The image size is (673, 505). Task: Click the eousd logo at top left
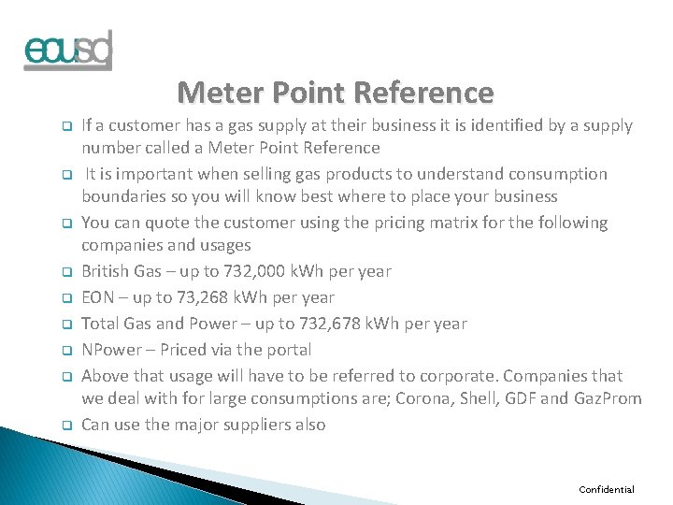pos(67,50)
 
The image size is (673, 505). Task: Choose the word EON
pos(98,297)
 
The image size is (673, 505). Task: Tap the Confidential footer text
pos(607,489)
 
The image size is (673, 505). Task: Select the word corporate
pos(460,376)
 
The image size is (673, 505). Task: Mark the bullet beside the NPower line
pos(67,351)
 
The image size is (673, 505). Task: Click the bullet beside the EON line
pos(67,298)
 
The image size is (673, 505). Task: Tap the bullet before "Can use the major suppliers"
pos(67,426)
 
